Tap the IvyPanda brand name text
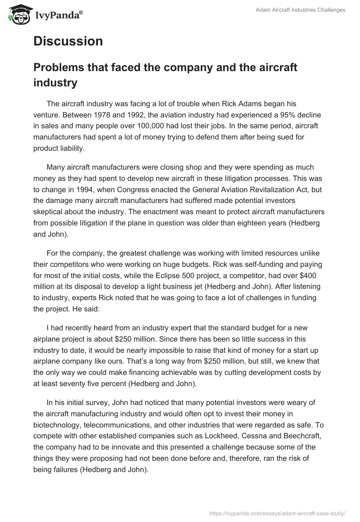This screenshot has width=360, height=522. tap(58, 15)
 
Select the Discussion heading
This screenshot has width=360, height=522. tap(68, 41)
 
